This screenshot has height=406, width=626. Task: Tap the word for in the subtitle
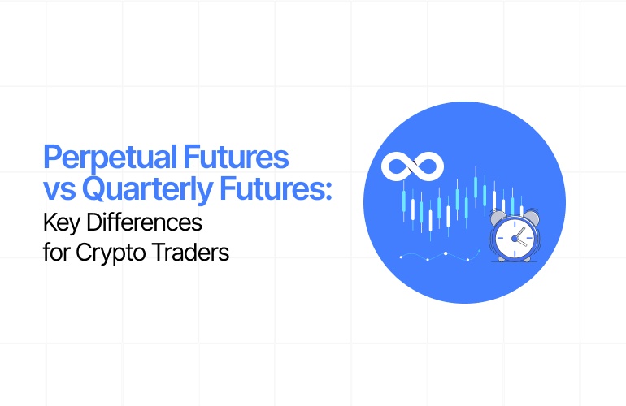pyautogui.click(x=56, y=251)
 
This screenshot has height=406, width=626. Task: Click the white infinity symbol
pyautogui.click(x=412, y=166)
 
